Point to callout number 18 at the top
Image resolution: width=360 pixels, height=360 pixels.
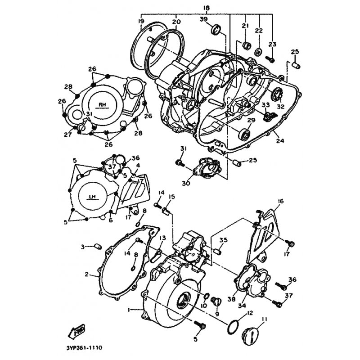tap(207, 8)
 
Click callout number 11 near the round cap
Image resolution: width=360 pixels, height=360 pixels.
tap(264, 319)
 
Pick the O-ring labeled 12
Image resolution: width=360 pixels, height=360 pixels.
tap(233, 327)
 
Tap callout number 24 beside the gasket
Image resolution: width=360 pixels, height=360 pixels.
tap(280, 140)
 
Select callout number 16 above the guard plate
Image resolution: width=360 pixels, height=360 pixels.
tap(280, 201)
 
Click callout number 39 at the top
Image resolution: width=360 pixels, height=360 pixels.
tap(204, 19)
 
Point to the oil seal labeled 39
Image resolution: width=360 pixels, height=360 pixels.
tap(216, 29)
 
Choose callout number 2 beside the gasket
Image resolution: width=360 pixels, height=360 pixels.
tap(86, 274)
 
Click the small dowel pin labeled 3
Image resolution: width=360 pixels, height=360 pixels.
tap(98, 247)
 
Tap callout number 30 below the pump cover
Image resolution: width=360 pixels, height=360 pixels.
tap(186, 184)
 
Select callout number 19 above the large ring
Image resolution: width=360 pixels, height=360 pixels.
tap(141, 22)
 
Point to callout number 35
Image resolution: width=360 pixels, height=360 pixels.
tap(223, 240)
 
